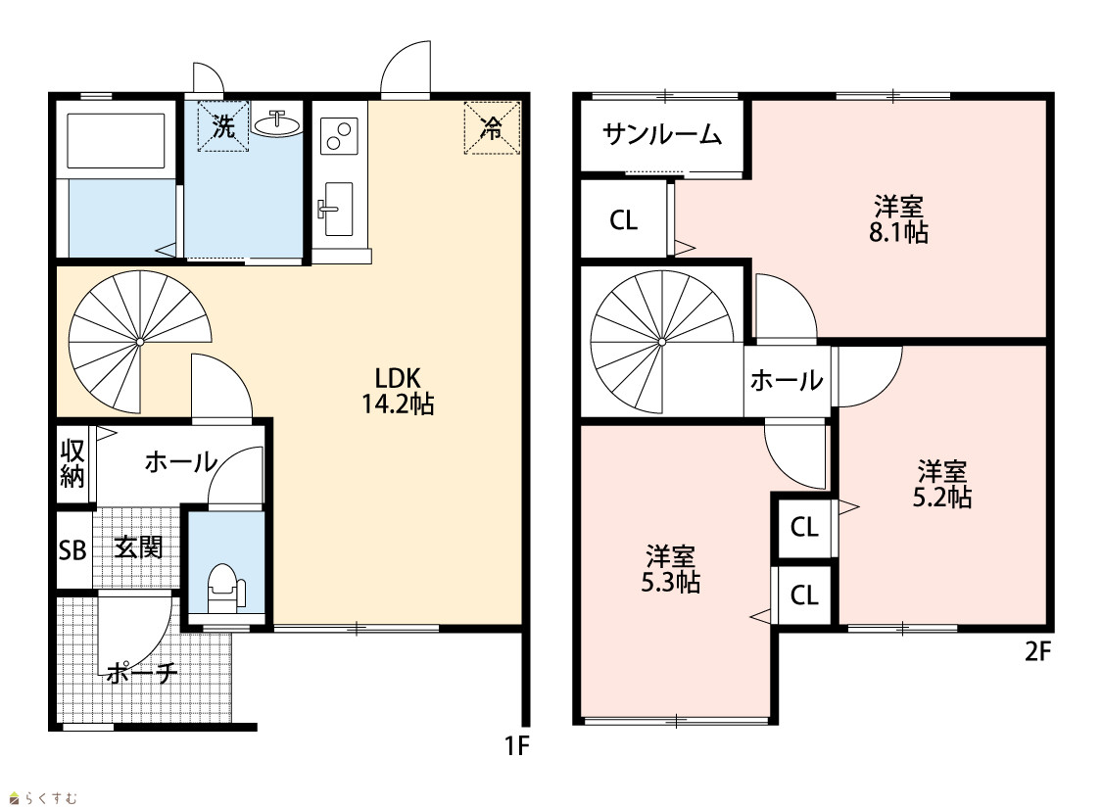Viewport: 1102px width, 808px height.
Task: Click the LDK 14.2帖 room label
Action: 398,392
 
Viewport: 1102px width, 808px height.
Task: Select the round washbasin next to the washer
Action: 276,123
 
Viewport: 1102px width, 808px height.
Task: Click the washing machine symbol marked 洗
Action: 223,126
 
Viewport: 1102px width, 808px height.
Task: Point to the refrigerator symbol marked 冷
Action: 492,128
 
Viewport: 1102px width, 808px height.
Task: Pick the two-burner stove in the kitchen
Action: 339,135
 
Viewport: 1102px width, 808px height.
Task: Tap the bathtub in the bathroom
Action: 116,140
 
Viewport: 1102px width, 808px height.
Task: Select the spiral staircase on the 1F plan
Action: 140,342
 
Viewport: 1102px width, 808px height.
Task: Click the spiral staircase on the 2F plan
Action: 662,342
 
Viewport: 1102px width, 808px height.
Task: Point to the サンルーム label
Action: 662,133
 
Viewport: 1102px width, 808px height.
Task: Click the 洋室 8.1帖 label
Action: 899,219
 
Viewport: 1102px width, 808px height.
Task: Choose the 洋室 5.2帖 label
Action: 941,484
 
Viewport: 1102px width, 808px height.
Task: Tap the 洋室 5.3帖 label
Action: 670,570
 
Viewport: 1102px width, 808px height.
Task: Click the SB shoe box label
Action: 72,550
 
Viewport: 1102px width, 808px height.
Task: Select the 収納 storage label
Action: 72,463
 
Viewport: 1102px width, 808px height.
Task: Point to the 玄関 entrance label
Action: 138,547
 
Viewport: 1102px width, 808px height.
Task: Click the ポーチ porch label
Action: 142,673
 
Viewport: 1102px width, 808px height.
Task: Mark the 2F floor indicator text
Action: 1037,652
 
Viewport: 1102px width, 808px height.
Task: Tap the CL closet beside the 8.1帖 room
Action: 623,220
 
